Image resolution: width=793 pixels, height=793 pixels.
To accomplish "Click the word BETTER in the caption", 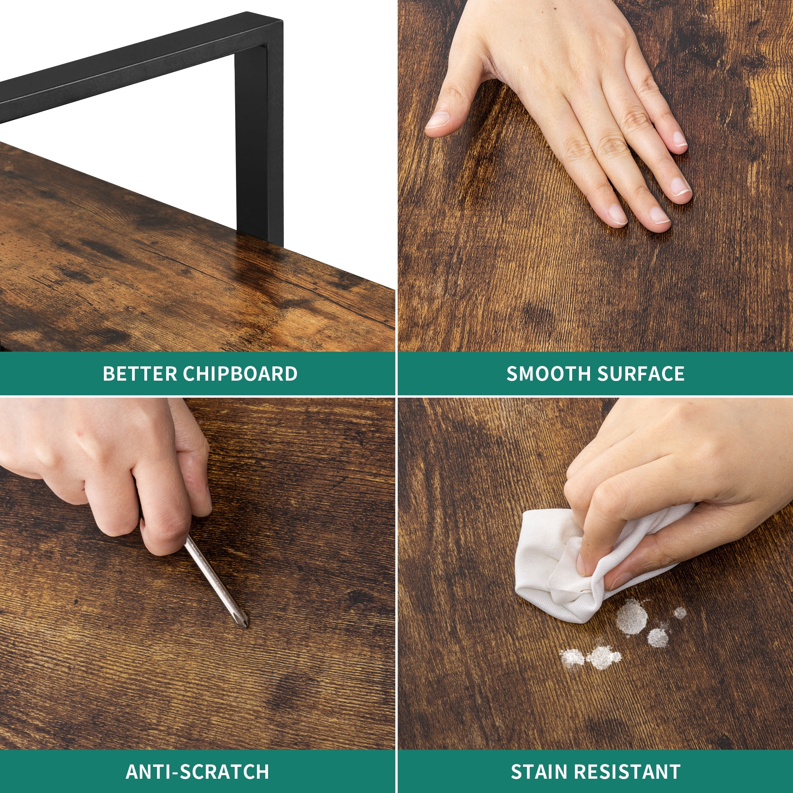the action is pos(140,374).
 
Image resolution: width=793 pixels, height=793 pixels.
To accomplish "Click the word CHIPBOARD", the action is pos(240,374).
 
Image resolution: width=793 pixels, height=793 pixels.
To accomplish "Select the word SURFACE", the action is pos(641,374).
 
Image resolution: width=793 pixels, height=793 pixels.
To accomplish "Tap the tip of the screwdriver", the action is pos(246,627).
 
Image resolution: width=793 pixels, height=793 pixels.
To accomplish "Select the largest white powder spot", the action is pos(632,617).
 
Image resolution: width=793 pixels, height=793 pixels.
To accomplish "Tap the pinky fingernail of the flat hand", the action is pos(680,139).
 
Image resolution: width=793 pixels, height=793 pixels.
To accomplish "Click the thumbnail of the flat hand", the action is pos(438,120).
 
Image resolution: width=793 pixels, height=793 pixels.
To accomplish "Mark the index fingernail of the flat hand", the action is pos(617,214).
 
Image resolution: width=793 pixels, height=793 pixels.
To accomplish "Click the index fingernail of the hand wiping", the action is pos(581,565).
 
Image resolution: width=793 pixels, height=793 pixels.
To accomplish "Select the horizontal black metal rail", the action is pos(123,66).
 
